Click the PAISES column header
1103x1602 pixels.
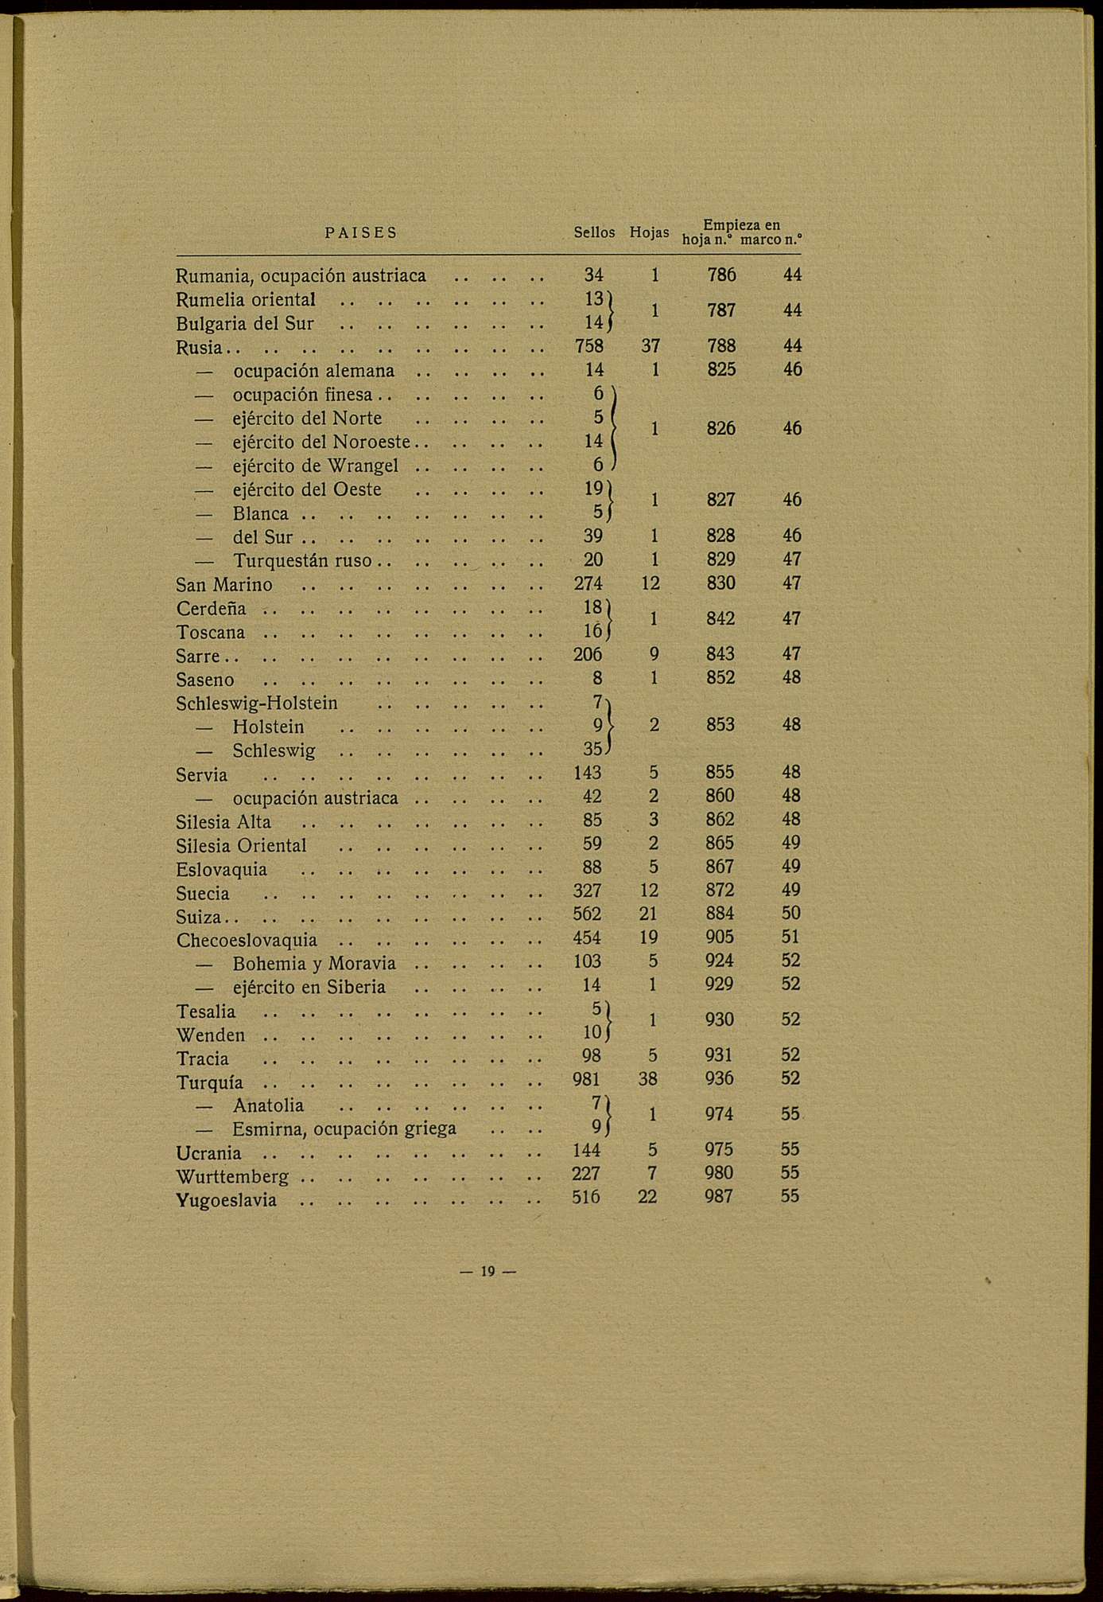(361, 233)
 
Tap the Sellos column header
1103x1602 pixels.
(594, 232)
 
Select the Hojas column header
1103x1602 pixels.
(649, 232)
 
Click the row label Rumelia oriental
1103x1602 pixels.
(246, 300)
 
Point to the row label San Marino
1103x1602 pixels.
(224, 585)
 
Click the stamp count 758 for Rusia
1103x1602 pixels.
(588, 346)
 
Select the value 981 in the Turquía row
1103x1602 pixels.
(587, 1078)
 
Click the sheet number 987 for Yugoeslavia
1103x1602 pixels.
(719, 1196)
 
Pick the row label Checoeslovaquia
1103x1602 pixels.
(247, 940)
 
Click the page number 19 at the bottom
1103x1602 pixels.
(487, 1271)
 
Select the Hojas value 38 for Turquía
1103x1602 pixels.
(648, 1078)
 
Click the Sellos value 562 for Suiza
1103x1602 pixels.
(588, 914)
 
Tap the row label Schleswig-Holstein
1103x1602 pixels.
(257, 704)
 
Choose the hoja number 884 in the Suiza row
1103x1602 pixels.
(720, 914)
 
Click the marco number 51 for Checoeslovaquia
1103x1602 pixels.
(790, 937)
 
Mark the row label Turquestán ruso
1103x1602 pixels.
(302, 560)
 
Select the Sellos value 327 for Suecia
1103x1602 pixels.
(588, 891)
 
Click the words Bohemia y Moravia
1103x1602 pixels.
(314, 964)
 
